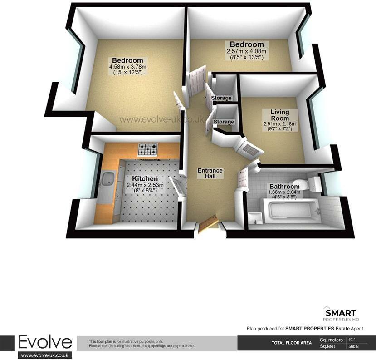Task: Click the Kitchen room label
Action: pos(145,179)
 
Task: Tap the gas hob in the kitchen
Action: pos(148,149)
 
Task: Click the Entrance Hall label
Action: pos(210,173)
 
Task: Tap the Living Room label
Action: pos(279,115)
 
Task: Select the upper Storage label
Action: pos(221,98)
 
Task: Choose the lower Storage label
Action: pos(224,122)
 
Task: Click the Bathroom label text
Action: pos(284,187)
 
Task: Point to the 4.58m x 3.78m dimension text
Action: pos(127,67)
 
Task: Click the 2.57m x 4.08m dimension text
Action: pos(247,51)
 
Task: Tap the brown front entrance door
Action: pos(209,223)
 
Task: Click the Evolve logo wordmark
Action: pos(45,342)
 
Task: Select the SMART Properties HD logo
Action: pos(340,314)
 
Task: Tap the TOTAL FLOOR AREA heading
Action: pos(292,343)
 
